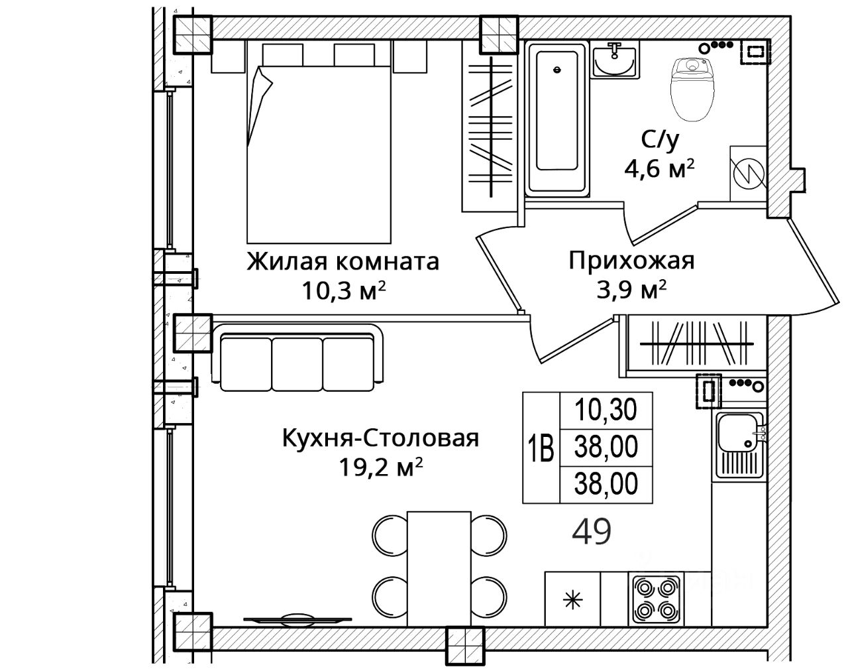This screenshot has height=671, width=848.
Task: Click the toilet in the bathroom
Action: click(x=692, y=89)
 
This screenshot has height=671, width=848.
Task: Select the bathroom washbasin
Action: click(x=614, y=60)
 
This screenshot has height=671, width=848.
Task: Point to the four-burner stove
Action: click(x=656, y=601)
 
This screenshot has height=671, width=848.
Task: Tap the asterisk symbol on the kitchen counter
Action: click(x=572, y=601)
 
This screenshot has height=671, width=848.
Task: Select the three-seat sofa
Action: click(x=297, y=358)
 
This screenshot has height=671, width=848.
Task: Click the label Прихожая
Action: click(x=631, y=261)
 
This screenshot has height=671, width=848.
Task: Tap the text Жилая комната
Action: click(x=343, y=261)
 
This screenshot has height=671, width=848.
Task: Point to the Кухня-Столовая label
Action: click(x=381, y=438)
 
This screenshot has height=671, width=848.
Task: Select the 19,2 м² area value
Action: click(x=381, y=468)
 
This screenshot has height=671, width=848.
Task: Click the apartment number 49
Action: click(x=592, y=532)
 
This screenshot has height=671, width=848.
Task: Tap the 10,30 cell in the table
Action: click(x=606, y=410)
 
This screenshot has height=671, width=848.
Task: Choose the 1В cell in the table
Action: click(x=541, y=448)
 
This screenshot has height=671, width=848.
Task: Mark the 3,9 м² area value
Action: click(x=631, y=290)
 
